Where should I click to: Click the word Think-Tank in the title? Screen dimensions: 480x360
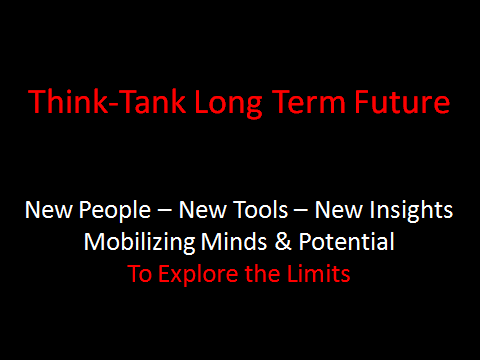[107, 102]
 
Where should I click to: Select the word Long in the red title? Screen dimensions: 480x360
[229, 104]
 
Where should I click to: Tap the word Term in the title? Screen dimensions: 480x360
[309, 102]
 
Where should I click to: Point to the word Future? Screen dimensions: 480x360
[402, 102]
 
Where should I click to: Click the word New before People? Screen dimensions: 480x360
[48, 210]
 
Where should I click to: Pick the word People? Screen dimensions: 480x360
[115, 211]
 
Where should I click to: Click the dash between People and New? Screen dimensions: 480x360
[165, 211]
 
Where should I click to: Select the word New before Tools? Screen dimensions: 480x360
[202, 210]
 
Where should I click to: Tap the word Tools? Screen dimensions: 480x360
[260, 210]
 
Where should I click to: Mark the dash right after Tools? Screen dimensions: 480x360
[301, 211]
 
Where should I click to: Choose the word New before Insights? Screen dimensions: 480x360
[338, 210]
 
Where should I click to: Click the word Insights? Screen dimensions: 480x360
[411, 211]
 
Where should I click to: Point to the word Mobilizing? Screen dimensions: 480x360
[139, 243]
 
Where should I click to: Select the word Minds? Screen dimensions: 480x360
[234, 242]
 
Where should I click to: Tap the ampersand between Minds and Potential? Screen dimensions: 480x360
[283, 242]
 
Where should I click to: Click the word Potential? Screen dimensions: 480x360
[347, 242]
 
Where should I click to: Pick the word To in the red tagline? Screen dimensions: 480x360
[139, 274]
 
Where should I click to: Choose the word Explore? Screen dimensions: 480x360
[198, 275]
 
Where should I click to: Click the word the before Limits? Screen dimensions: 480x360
[263, 274]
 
